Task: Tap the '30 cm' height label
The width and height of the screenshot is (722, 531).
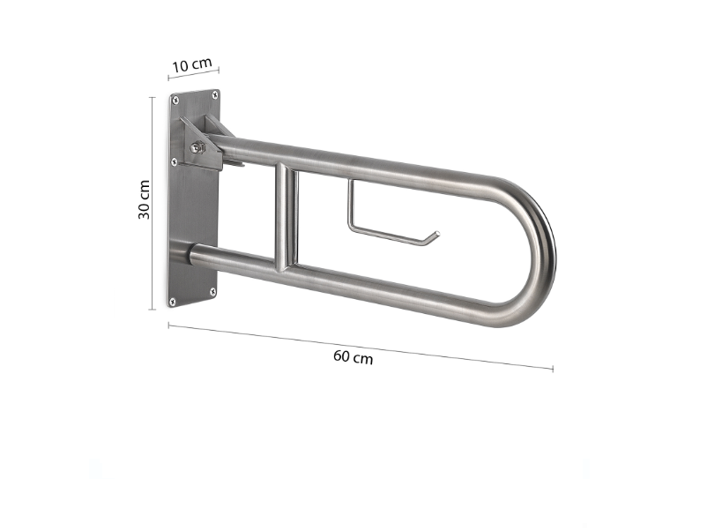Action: (144, 201)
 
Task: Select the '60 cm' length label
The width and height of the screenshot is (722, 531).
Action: (353, 357)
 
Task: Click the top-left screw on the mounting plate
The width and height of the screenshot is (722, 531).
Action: (175, 100)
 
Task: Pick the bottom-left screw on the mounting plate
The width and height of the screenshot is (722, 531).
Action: (174, 302)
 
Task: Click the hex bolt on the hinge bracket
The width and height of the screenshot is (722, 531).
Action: (197, 147)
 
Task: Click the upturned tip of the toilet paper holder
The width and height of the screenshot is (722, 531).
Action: (434, 236)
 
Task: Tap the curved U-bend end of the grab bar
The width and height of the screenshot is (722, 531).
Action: (541, 256)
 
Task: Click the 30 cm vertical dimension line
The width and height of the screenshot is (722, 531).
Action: (153, 203)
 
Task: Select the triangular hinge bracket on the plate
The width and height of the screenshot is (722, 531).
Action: (201, 144)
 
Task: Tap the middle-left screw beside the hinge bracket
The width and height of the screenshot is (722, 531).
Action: (175, 161)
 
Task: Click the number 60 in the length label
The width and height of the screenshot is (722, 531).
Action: (342, 356)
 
